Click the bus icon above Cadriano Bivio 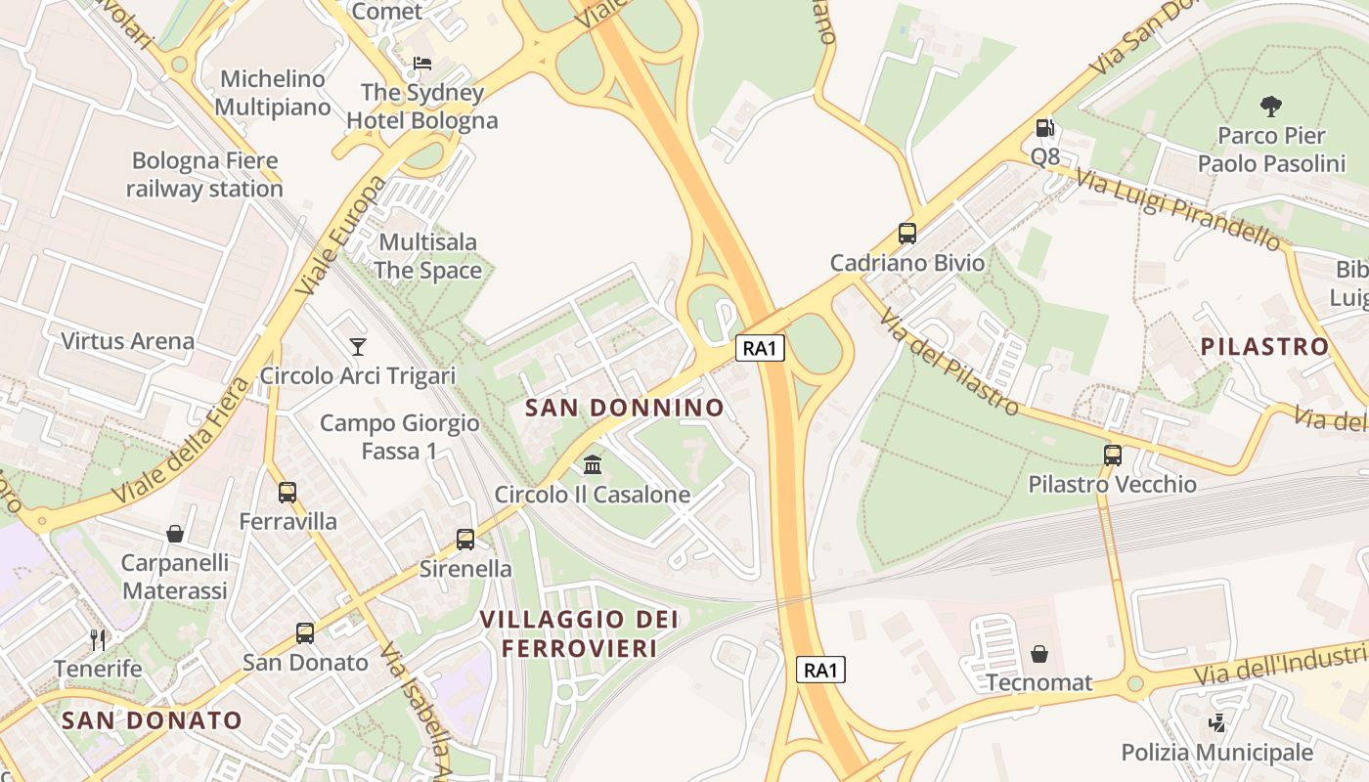point(907,234)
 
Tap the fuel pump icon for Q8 point(1044,128)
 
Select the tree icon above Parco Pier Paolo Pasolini point(1270,106)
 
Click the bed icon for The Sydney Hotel point(422,64)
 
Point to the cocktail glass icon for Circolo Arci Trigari point(358,346)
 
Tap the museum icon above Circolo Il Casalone point(593,464)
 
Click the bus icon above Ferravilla point(287,492)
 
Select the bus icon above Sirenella point(465,539)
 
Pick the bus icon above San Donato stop point(305,632)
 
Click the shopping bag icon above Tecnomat point(1038,653)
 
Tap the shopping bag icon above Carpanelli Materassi point(175,533)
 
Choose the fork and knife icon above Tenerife point(98,639)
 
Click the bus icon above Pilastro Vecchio point(1113,455)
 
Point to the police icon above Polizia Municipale point(1217,723)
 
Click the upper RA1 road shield point(761,347)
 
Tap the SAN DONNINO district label point(625,408)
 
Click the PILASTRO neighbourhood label point(1264,346)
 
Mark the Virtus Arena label point(127,341)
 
